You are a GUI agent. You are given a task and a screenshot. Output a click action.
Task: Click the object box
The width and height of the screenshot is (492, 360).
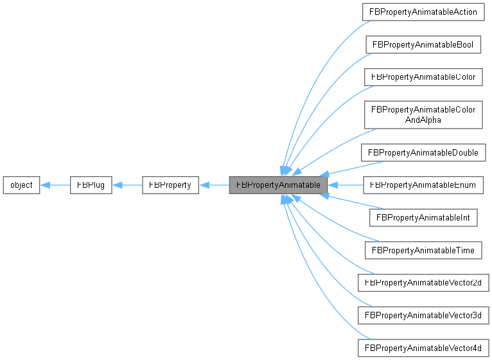pos(22,185)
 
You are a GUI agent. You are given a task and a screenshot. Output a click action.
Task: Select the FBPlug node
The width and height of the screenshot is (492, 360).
pos(91,185)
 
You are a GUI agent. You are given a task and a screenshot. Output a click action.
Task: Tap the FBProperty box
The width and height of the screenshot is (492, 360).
pos(170,185)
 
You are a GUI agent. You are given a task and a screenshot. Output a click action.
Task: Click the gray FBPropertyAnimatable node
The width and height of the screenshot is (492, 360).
pos(279,185)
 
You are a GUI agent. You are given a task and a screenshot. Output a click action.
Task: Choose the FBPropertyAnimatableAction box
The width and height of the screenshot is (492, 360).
pos(421,12)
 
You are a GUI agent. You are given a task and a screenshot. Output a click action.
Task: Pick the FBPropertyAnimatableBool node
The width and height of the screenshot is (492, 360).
pos(423,44)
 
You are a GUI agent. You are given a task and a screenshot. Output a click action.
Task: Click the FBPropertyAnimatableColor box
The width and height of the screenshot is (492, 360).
pos(423,76)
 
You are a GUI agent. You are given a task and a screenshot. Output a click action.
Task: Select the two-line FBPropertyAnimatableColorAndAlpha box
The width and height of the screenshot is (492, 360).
pos(423,114)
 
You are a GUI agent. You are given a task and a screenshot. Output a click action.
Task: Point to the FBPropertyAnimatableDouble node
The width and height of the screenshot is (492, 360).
pos(423,153)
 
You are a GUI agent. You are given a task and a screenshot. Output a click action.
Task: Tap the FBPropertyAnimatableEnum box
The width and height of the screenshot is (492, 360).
pos(423,185)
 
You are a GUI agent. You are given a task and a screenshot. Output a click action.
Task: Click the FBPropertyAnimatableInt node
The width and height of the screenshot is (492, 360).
pos(423,217)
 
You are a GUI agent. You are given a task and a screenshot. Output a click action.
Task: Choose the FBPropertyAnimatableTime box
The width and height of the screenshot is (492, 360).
pos(423,249)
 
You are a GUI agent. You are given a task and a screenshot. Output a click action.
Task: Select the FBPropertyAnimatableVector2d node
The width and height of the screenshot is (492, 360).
pos(423,282)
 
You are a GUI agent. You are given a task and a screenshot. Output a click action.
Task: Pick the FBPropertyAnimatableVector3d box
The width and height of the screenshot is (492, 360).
pos(423,315)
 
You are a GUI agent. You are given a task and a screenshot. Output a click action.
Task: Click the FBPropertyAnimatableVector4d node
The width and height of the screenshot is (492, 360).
pos(423,348)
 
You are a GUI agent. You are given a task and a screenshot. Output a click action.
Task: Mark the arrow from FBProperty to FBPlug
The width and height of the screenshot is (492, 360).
pos(127,185)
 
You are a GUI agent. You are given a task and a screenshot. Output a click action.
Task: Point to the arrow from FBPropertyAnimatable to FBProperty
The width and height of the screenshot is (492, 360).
pos(213,185)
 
